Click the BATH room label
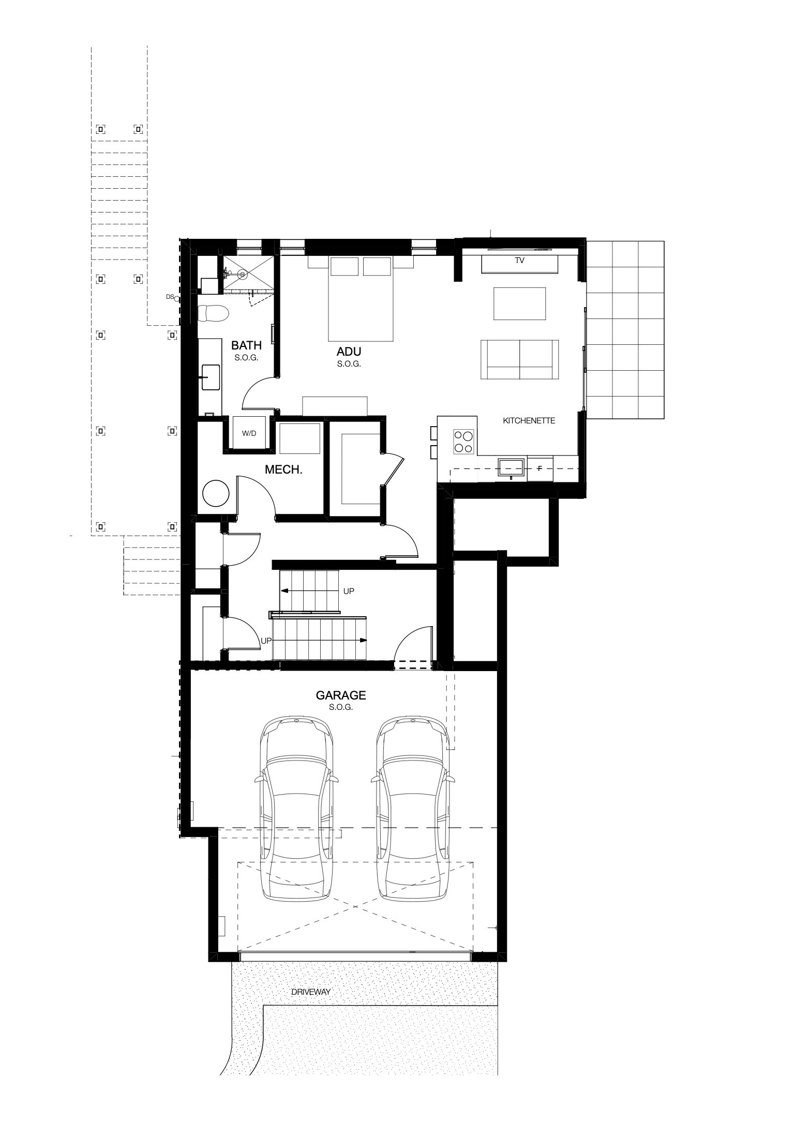[246, 345]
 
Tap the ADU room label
[349, 352]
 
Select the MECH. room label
[283, 470]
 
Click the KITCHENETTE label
[529, 421]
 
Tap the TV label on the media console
[519, 261]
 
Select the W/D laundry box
[249, 433]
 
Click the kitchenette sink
[511, 467]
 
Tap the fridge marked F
[540, 468]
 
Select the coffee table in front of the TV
[519, 304]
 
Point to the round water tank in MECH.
[216, 494]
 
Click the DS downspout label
[169, 297]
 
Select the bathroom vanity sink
[210, 377]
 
